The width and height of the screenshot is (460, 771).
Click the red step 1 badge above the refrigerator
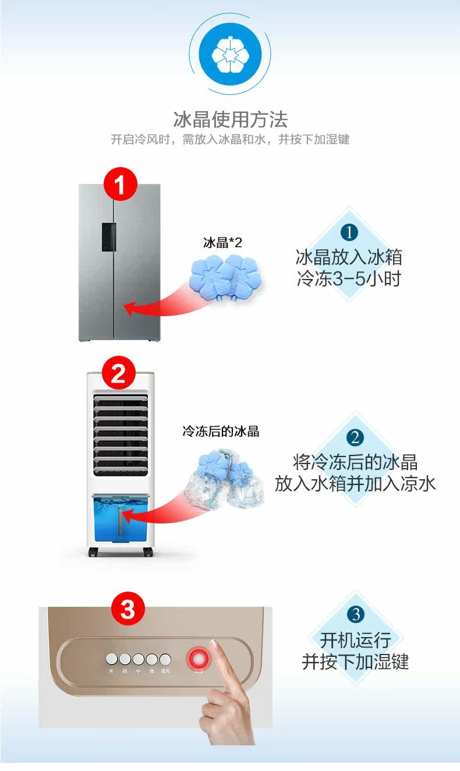(121, 186)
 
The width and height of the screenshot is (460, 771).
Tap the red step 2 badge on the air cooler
(118, 373)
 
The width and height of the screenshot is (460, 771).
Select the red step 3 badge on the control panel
(128, 610)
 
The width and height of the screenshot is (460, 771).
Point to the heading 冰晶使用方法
(230, 119)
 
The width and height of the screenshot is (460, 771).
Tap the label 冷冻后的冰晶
(221, 432)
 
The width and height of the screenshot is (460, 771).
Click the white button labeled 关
(111, 659)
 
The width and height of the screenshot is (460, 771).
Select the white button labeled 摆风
(165, 659)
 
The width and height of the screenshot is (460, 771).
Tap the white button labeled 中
(139, 659)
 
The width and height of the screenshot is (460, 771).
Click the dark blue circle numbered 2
(355, 438)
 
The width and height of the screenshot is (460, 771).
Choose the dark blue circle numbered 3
(355, 614)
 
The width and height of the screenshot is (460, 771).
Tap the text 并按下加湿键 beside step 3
(355, 662)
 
